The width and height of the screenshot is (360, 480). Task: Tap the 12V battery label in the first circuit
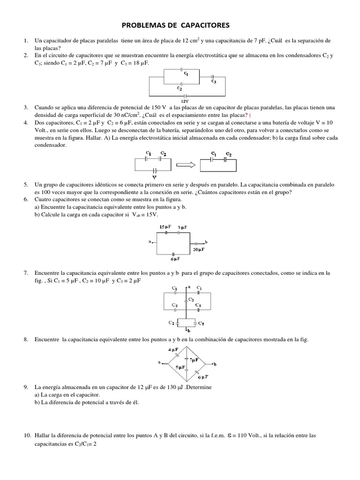[185, 100]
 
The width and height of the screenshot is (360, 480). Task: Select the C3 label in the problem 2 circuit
[213, 82]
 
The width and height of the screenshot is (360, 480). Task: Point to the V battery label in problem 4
[154, 177]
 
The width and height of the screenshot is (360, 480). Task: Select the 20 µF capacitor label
[197, 250]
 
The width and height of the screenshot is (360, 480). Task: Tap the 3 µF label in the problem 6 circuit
[182, 227]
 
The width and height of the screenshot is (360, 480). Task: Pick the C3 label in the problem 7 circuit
[191, 300]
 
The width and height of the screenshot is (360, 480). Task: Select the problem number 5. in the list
[26, 185]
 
